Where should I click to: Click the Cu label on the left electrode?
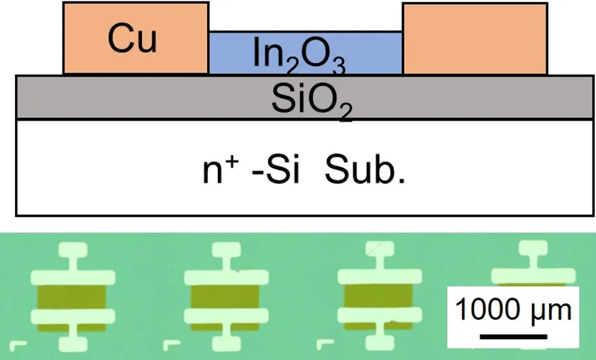(x=132, y=38)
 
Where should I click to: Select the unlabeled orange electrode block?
(x=475, y=39)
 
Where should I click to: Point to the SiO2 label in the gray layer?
(x=311, y=100)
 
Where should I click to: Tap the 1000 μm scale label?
(x=513, y=310)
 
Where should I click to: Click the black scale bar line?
(x=514, y=337)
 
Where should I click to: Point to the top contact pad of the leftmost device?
(x=72, y=250)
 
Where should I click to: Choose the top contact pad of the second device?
(x=226, y=250)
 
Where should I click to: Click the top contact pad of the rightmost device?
(x=534, y=248)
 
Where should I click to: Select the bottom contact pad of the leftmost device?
(x=72, y=344)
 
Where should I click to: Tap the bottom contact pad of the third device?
(x=380, y=342)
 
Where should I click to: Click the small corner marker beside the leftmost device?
(x=18, y=346)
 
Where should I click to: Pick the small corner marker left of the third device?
(x=325, y=344)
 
